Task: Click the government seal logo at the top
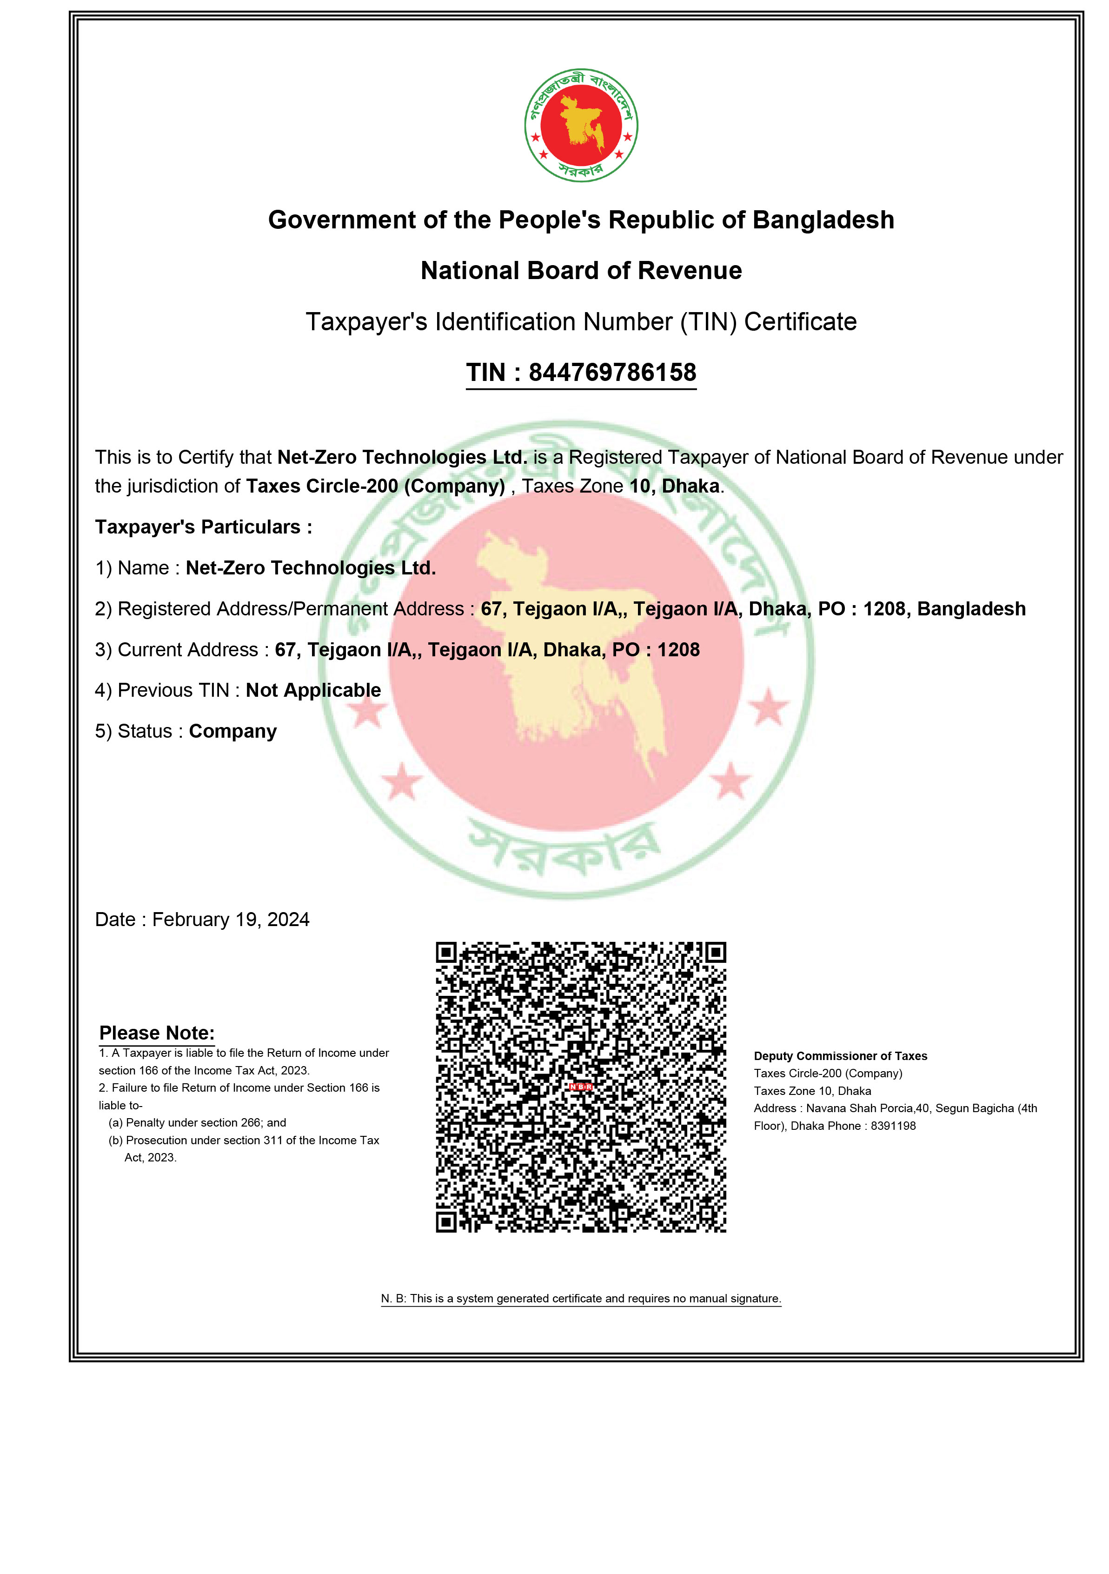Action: (x=581, y=126)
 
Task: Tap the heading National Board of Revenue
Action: (x=581, y=271)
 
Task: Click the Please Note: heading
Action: (x=157, y=1033)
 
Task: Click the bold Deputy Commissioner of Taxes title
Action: (x=840, y=1056)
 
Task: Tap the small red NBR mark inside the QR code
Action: (x=581, y=1087)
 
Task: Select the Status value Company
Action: (x=233, y=732)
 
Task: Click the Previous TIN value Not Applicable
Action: (x=313, y=690)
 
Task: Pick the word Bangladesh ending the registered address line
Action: (x=971, y=609)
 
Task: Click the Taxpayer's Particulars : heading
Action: (x=204, y=527)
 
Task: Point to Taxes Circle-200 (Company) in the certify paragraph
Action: (x=376, y=486)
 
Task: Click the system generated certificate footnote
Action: (x=581, y=1299)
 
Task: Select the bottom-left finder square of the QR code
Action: (x=446, y=1221)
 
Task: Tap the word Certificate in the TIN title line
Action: (x=801, y=321)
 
